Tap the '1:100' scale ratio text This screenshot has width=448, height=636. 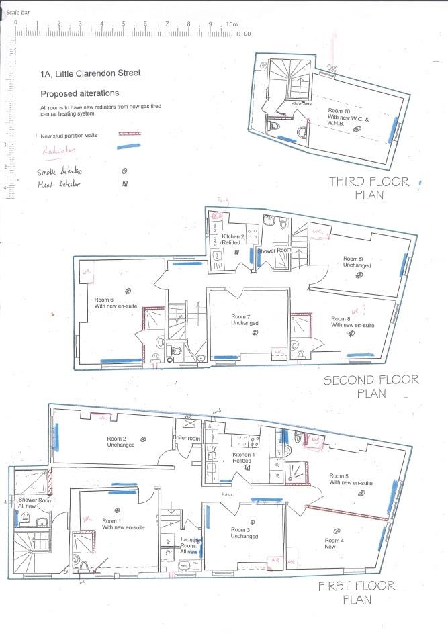coord(244,33)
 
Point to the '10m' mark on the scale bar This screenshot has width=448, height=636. coord(232,24)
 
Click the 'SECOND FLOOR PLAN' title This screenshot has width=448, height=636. coord(371,386)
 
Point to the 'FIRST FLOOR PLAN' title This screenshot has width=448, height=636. coord(357,592)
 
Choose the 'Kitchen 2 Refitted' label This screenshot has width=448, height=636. coord(232,241)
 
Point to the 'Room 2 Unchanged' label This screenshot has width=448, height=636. coord(120,441)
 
